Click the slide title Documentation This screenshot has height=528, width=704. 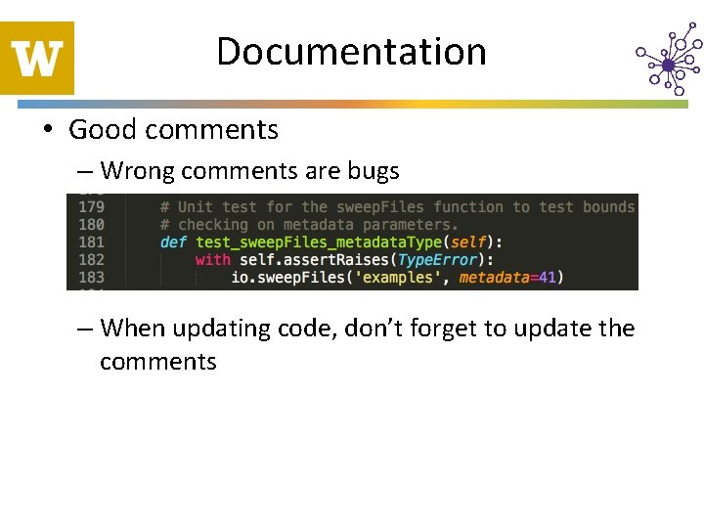(351, 52)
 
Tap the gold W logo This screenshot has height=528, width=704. (37, 58)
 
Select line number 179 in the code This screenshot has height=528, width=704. (91, 207)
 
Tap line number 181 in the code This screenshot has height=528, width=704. (91, 242)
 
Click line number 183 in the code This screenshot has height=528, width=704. (91, 278)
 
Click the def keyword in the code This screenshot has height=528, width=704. (173, 242)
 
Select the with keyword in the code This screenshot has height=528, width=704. (213, 260)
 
